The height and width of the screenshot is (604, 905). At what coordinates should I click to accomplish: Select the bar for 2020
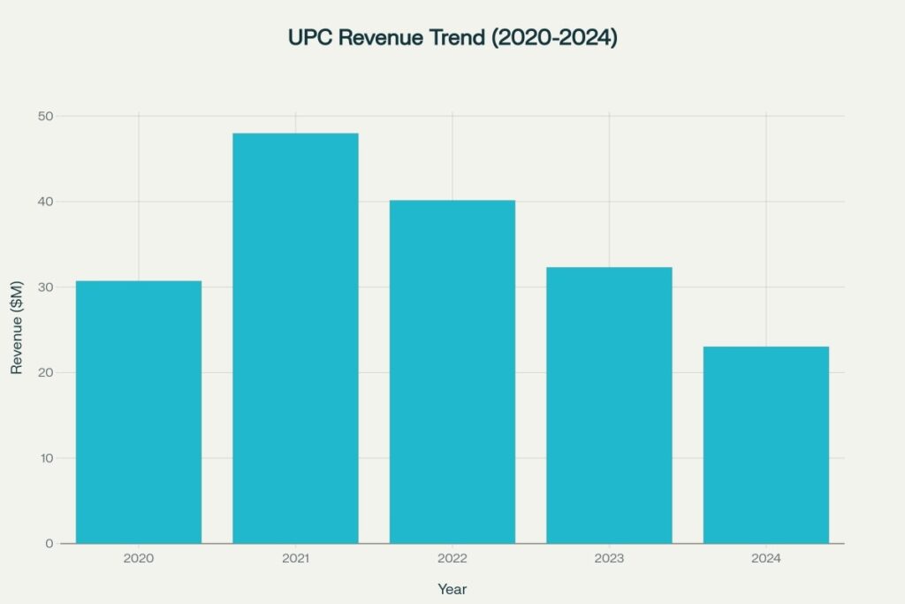click(x=139, y=412)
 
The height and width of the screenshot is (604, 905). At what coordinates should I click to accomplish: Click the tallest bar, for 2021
click(x=295, y=338)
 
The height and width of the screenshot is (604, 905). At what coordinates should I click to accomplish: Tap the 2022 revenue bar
click(x=452, y=371)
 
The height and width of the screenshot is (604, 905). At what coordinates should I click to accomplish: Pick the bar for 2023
click(x=609, y=405)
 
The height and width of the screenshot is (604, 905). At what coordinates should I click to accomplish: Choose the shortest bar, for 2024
click(x=765, y=445)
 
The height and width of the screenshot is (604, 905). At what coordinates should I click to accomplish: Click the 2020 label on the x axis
click(x=139, y=559)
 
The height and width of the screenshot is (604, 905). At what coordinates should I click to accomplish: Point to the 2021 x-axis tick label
click(x=295, y=559)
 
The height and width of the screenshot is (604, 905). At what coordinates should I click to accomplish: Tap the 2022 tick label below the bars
click(x=452, y=559)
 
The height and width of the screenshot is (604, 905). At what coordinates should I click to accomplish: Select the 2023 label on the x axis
click(x=609, y=559)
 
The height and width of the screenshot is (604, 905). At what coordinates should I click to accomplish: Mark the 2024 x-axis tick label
click(x=765, y=559)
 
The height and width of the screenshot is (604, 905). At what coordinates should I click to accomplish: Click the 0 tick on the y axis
click(x=49, y=543)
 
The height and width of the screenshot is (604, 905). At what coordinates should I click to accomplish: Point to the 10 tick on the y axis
click(x=45, y=458)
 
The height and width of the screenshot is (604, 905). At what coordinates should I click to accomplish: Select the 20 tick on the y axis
click(x=45, y=372)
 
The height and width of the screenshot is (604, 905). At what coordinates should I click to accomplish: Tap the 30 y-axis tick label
click(x=45, y=287)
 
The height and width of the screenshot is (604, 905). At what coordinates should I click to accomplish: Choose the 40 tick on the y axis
click(x=45, y=202)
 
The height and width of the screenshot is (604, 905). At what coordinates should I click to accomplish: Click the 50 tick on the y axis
click(x=45, y=117)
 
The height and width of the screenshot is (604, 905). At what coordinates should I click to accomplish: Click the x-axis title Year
click(x=452, y=589)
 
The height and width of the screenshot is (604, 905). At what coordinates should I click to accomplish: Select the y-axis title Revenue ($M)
click(x=17, y=329)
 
